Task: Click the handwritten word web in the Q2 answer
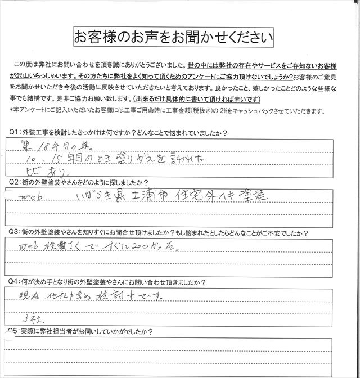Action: pos(29,196)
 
